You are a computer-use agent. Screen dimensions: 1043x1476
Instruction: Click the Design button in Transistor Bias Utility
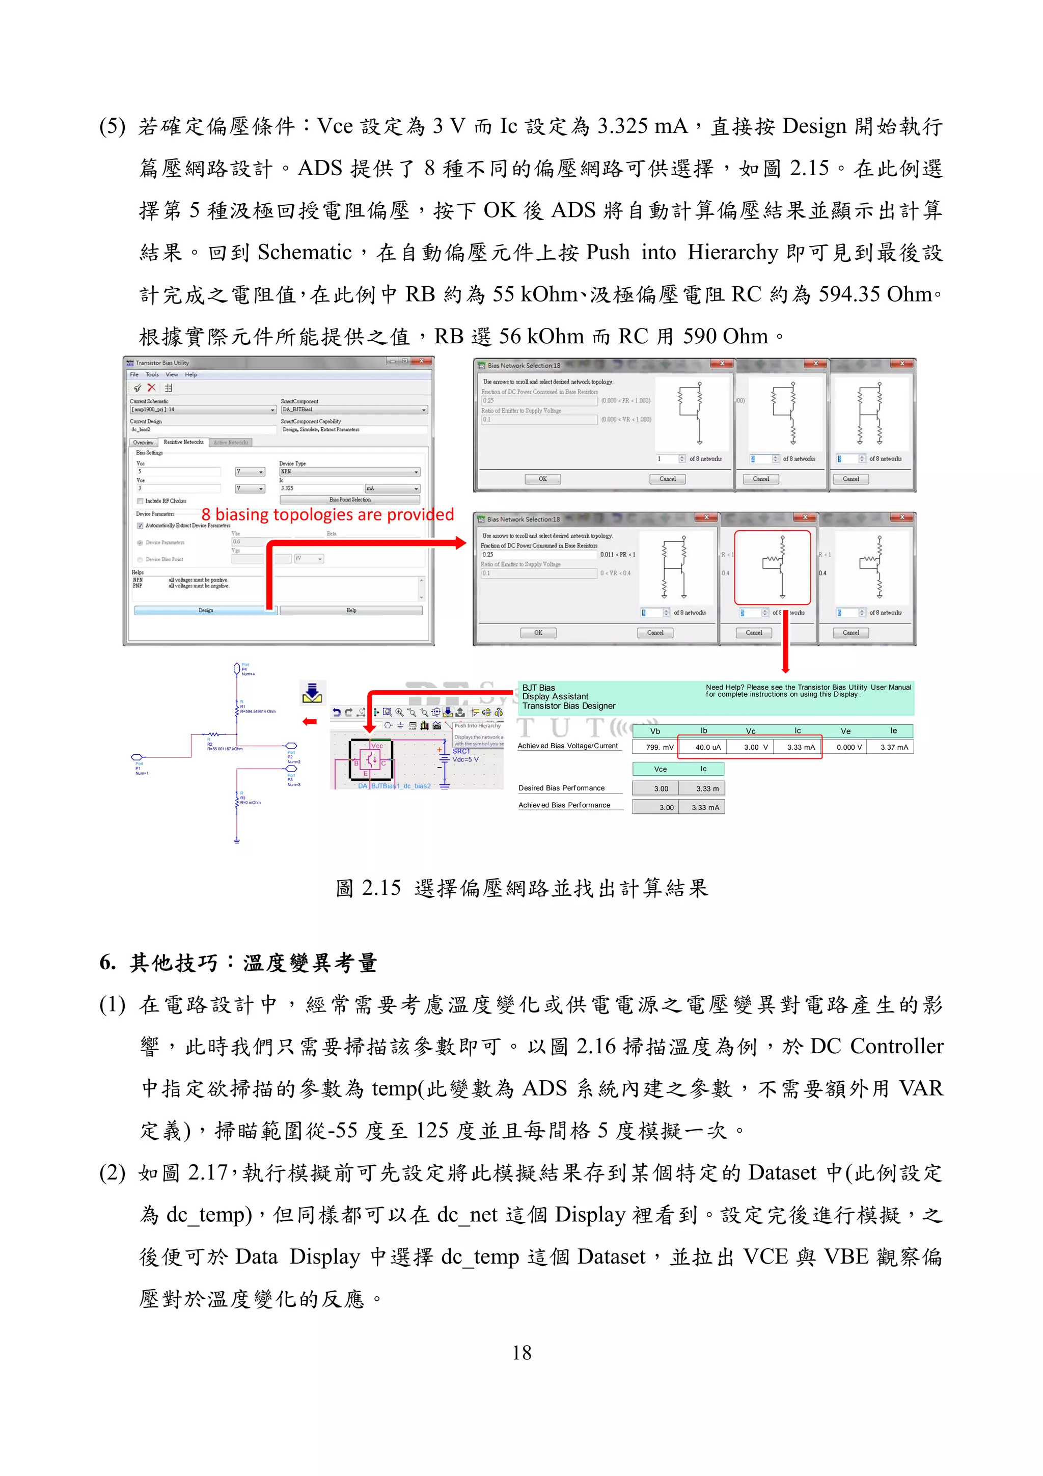pos(206,610)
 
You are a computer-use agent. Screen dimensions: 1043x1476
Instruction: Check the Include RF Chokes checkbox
pos(140,501)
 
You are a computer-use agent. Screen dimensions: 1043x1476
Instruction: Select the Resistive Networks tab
pos(183,442)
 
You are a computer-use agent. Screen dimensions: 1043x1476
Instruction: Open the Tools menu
pos(152,374)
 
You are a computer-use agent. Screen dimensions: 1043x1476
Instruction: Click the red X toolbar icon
pos(152,388)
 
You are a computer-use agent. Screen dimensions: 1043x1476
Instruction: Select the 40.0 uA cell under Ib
pos(707,747)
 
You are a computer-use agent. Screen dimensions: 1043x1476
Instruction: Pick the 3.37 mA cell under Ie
pos(894,747)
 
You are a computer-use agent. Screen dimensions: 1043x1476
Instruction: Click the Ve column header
pos(846,731)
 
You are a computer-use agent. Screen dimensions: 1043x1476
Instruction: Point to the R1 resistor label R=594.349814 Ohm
pos(258,712)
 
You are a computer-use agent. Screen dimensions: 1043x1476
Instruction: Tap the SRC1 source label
pos(461,751)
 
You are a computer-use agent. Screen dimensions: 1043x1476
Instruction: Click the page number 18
pos(521,1353)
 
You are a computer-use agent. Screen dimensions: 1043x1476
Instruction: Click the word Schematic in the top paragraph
pos(305,253)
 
